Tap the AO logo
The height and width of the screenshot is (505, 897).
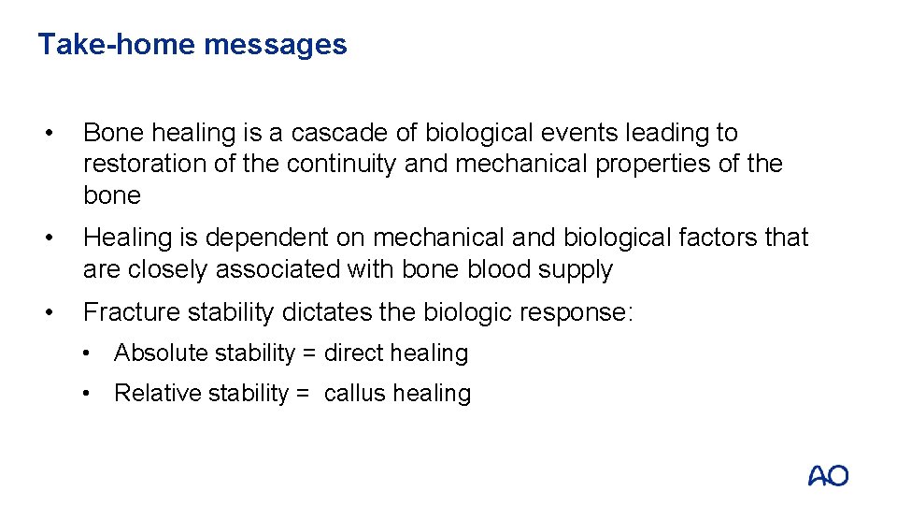(828, 475)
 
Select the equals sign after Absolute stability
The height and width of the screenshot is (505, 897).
(309, 353)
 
